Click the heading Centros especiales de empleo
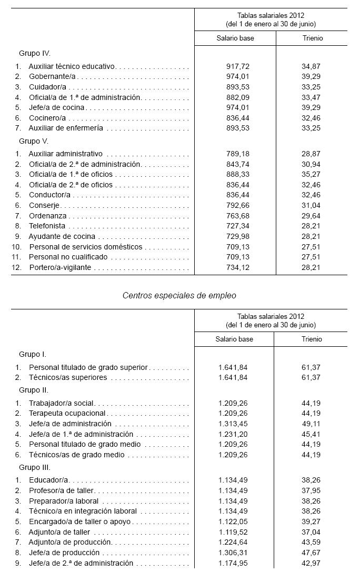tap(179, 295)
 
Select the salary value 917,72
tap(235, 66)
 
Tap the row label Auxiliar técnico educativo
tap(72, 66)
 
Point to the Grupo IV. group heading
tap(34, 53)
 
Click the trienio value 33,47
tap(312, 97)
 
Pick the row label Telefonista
tap(47, 226)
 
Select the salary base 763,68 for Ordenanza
tap(235, 216)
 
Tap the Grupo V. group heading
tap(34, 141)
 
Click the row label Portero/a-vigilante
tap(60, 267)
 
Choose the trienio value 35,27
tap(312, 175)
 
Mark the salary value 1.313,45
tap(233, 424)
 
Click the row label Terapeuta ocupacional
tap(67, 413)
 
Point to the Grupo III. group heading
tap(35, 467)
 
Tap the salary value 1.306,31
tap(233, 553)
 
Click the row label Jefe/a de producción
tap(64, 553)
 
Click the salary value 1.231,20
tap(233, 434)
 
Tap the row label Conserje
tap(45, 205)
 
